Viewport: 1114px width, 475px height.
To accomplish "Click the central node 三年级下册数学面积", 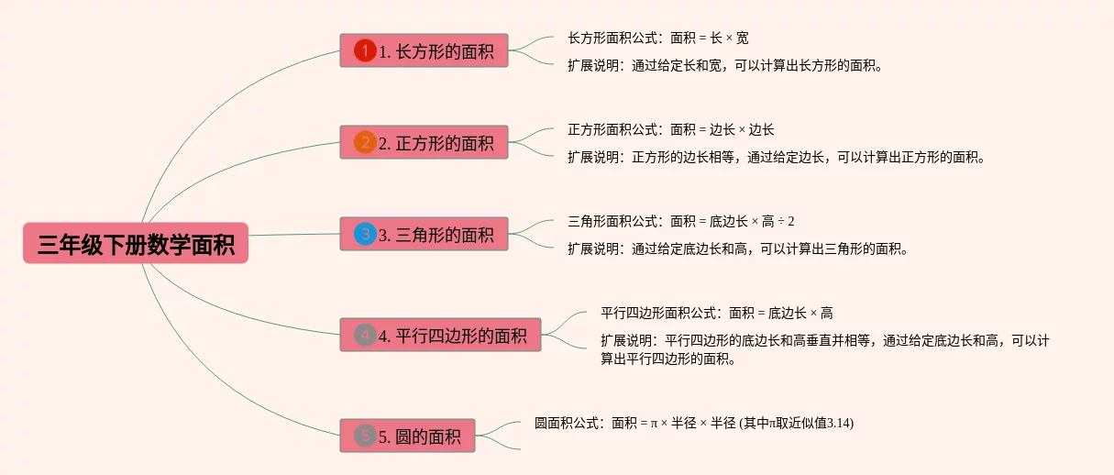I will (x=136, y=243).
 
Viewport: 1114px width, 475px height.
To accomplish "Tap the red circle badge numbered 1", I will (x=365, y=50).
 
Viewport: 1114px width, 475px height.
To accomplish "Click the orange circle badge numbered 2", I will (x=365, y=142).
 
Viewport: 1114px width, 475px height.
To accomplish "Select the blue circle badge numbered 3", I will (x=365, y=234).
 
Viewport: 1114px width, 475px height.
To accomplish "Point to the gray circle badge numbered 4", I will (x=365, y=335).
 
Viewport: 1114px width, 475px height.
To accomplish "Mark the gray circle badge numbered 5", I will (x=365, y=436).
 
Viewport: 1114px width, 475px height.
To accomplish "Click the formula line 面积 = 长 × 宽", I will (x=657, y=39).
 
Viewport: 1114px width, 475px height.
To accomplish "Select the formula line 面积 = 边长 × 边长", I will (x=670, y=130).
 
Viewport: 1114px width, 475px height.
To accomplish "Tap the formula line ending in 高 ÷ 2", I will (x=680, y=221).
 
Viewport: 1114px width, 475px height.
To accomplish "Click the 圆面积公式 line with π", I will (x=693, y=423).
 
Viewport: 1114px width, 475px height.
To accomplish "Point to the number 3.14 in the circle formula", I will (x=839, y=423).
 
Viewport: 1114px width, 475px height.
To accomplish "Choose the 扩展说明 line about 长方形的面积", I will (x=724, y=65).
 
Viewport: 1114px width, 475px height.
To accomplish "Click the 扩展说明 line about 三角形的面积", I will (x=737, y=249).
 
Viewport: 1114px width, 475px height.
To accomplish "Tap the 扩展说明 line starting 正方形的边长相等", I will (x=776, y=157).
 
